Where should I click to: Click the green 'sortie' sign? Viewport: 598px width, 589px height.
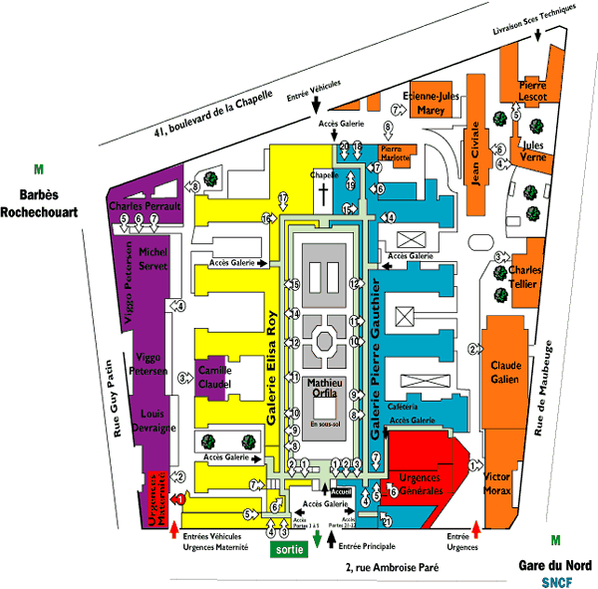[286, 548]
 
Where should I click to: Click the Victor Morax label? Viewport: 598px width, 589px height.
[496, 484]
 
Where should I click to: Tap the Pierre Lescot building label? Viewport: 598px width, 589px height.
[533, 91]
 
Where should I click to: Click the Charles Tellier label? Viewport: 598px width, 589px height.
[524, 275]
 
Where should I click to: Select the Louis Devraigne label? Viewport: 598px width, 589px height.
[152, 420]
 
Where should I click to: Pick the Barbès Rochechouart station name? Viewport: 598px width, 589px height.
[39, 202]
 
